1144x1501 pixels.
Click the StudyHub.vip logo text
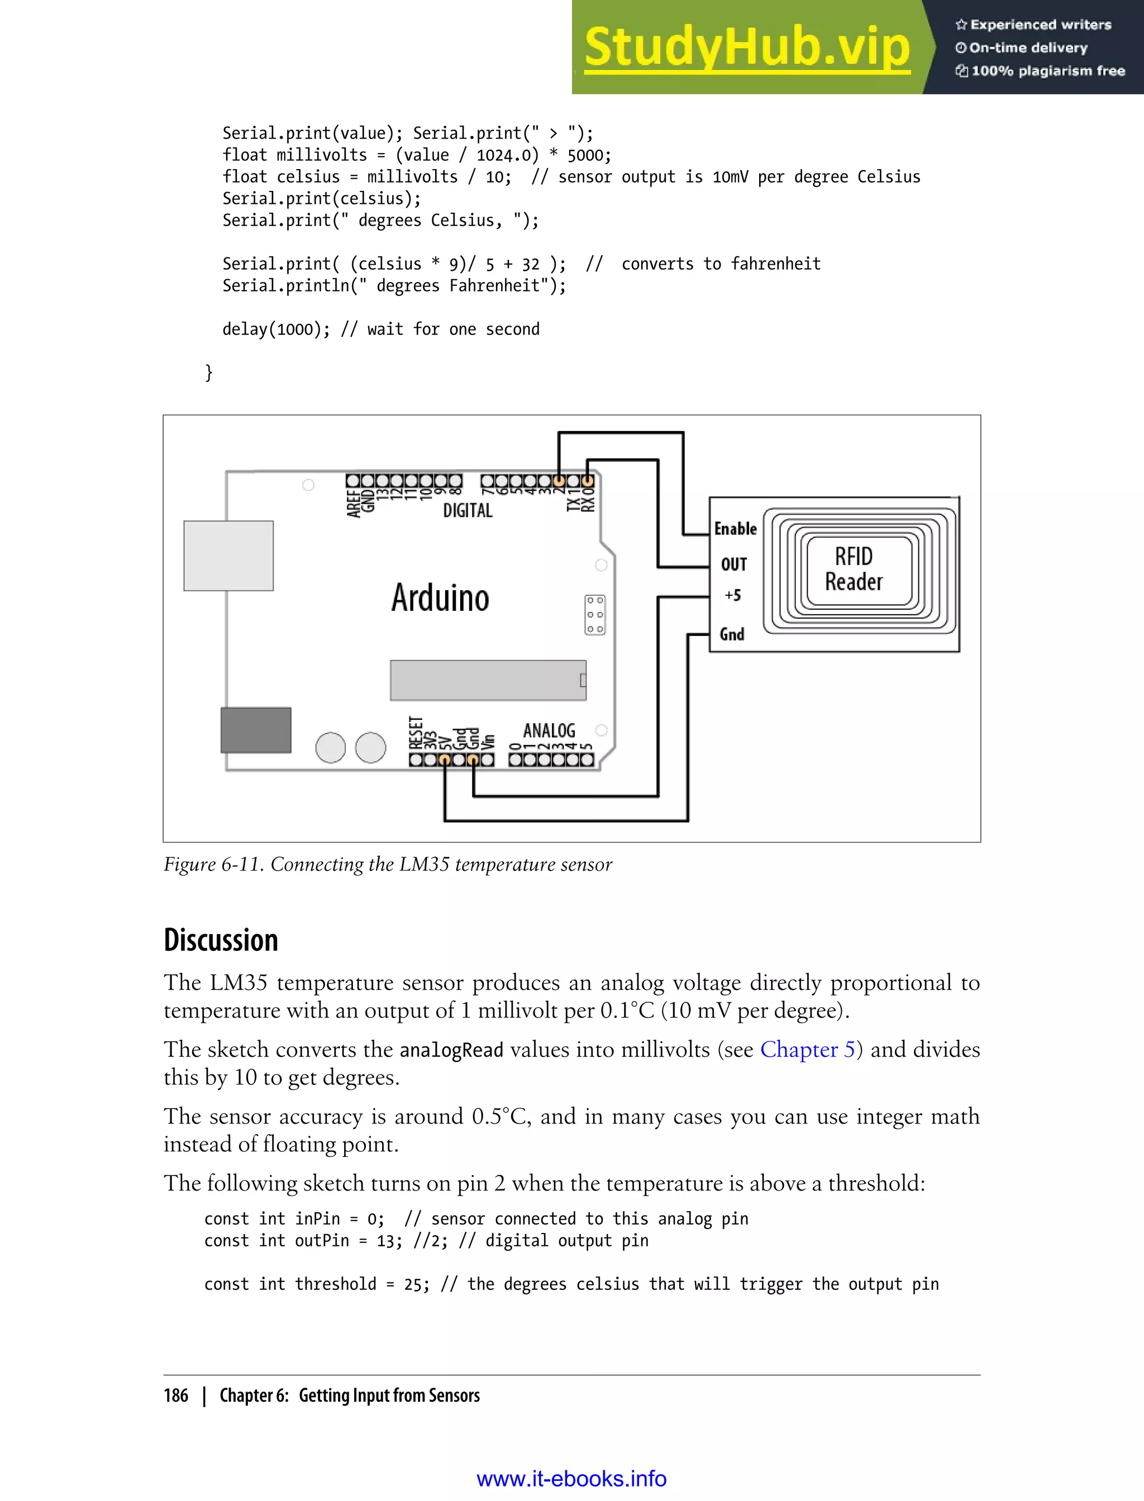[x=747, y=47]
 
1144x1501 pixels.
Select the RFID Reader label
[x=854, y=569]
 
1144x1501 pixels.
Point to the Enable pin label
[x=736, y=529]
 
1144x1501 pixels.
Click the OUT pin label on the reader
[x=734, y=565]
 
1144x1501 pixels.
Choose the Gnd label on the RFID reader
[x=732, y=634]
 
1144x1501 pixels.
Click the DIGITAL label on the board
[x=467, y=510]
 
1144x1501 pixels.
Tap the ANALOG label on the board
[x=549, y=730]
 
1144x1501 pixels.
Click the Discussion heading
[x=221, y=940]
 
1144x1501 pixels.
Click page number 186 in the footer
[x=176, y=1395]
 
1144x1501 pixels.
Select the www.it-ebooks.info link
[x=571, y=1479]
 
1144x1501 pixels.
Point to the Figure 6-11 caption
[x=388, y=864]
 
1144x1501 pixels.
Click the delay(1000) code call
[x=276, y=329]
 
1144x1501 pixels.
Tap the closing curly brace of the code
[x=209, y=372]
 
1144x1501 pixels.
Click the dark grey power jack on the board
[x=255, y=730]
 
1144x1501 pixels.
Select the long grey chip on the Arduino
[x=488, y=680]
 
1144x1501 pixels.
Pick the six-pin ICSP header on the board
[x=594, y=615]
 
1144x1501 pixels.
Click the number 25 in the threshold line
[x=413, y=1284]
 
